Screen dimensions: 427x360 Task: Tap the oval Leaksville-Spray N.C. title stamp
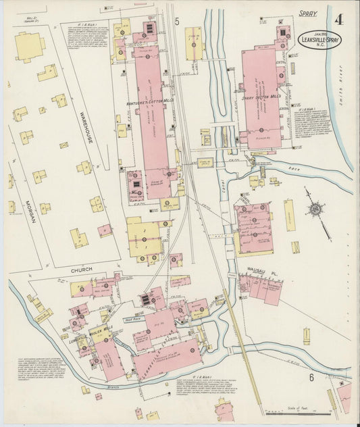319,40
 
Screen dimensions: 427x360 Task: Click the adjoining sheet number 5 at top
176,22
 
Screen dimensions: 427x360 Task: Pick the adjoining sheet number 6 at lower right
312,377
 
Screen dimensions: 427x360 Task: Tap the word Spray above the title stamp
308,14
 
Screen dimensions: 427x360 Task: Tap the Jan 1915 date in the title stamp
319,33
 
